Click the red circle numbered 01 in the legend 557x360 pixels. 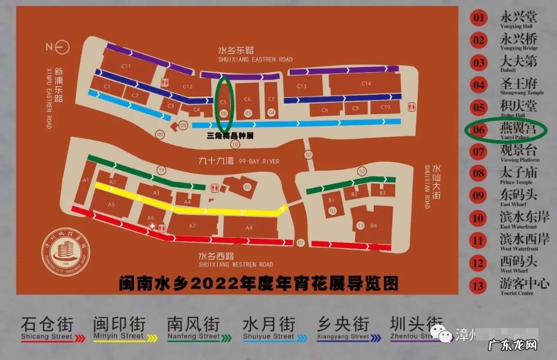click(479, 18)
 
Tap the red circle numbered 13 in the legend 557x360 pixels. click(479, 285)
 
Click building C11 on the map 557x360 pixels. click(125, 66)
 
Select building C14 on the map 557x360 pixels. click(366, 84)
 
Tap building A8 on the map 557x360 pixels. click(249, 227)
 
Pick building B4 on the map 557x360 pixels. click(373, 225)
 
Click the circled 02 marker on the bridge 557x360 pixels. click(308, 154)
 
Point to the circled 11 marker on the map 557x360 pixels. click(161, 170)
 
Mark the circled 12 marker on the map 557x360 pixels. click(362, 171)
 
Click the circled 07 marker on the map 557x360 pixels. click(301, 242)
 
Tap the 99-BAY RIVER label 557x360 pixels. click(239, 161)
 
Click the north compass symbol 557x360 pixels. click(58, 47)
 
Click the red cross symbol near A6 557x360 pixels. click(152, 226)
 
